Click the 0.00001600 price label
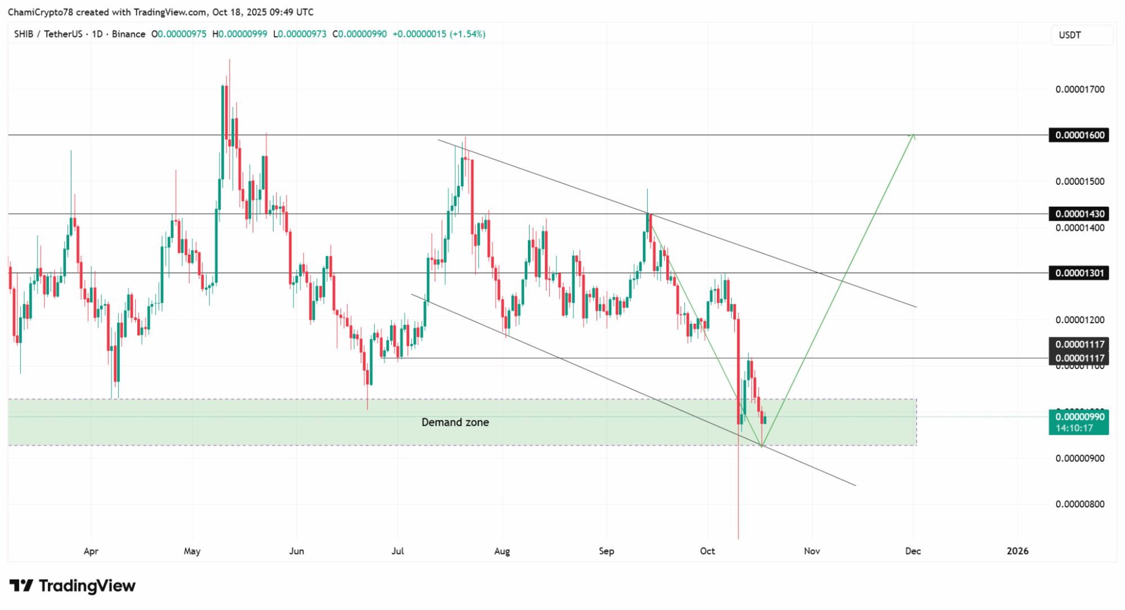click(1078, 135)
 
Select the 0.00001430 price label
click(1078, 214)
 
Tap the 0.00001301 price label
click(1078, 273)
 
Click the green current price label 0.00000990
click(1078, 417)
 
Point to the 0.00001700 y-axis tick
click(1079, 90)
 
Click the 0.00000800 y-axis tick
click(1079, 504)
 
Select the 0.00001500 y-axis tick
click(1079, 181)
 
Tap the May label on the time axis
click(192, 551)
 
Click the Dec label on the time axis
click(913, 551)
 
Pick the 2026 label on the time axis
click(1017, 551)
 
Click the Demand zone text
click(455, 422)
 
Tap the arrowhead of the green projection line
click(913, 135)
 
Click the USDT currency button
click(1070, 35)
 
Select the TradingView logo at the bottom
click(73, 586)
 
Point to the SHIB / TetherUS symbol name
click(48, 34)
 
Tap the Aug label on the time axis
click(502, 551)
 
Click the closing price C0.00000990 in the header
click(360, 34)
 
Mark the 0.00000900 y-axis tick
click(1079, 458)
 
